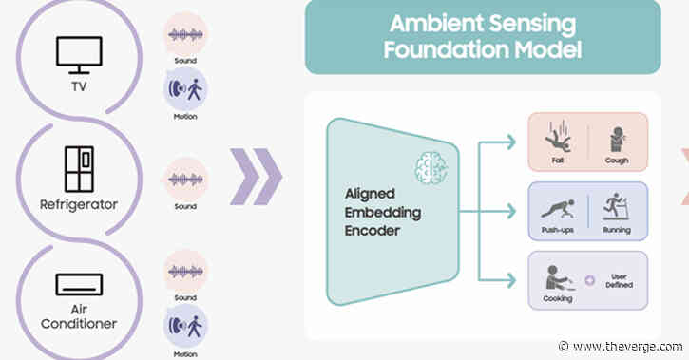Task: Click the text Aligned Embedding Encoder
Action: coord(369,208)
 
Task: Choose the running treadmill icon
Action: coord(617,207)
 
